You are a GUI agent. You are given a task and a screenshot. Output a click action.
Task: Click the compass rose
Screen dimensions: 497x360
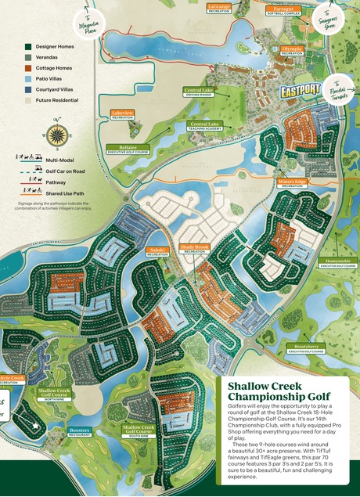tap(56, 135)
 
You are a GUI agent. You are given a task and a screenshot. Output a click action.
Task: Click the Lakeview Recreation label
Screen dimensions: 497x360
tap(123, 114)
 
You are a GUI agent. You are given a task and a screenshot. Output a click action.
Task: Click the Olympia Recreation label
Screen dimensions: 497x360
tap(292, 49)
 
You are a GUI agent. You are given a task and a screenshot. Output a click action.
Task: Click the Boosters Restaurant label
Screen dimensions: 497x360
tap(80, 432)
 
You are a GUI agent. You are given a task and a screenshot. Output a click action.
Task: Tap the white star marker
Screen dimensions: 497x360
tap(35, 427)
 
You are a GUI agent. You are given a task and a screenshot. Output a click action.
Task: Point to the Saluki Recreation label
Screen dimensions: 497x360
tap(158, 252)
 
